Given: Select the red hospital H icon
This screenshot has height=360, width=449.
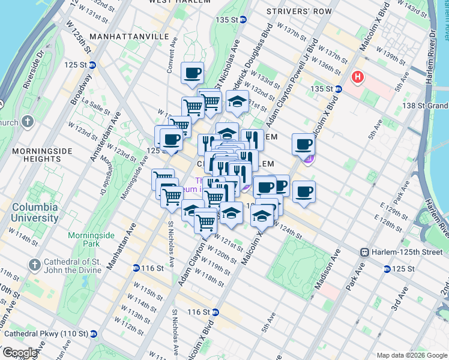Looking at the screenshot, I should coord(358,77).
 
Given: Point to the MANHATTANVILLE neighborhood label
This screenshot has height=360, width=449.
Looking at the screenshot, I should coord(128,37).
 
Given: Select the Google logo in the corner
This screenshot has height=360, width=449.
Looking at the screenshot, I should coord(19,353).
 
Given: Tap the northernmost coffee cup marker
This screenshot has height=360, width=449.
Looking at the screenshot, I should coord(192,74).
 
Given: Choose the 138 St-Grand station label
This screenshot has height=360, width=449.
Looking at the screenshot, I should coord(427,106).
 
